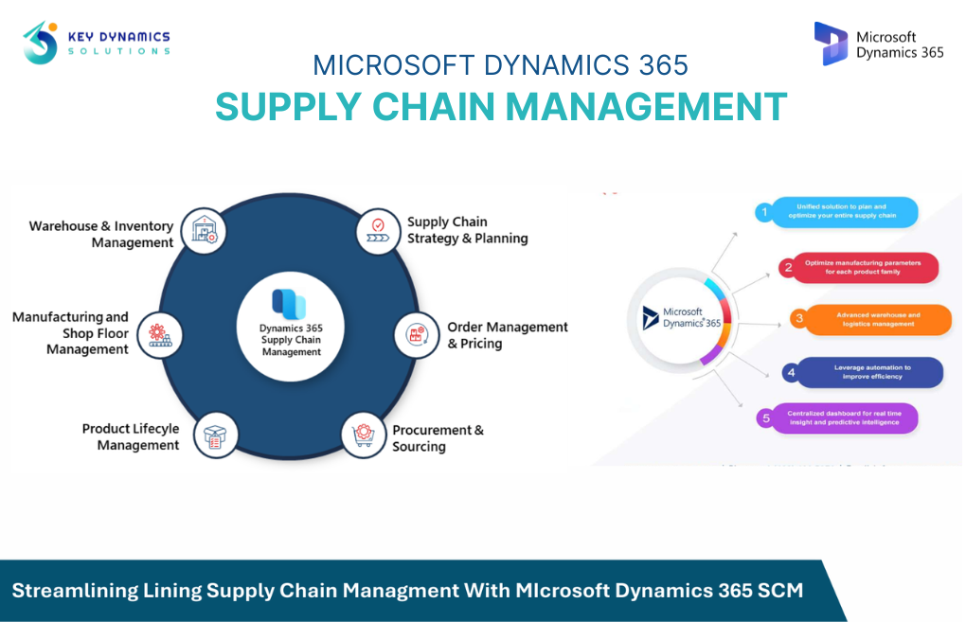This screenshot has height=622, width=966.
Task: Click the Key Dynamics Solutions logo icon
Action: point(41,43)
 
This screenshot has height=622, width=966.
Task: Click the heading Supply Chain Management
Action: point(501,106)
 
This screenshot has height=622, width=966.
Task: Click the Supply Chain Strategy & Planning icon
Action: point(378,230)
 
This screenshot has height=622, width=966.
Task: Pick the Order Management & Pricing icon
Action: point(416,334)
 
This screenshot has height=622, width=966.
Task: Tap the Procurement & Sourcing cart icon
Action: point(364,435)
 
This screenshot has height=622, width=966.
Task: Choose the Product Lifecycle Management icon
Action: point(215,436)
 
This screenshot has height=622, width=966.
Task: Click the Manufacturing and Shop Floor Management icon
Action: point(159,334)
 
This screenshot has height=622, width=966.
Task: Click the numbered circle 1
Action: point(764,212)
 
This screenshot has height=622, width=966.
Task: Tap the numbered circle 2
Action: point(787,267)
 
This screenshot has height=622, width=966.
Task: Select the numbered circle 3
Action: point(798,319)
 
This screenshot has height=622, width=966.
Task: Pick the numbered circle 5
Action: point(766,418)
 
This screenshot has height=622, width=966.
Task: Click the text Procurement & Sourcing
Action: point(437,437)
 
